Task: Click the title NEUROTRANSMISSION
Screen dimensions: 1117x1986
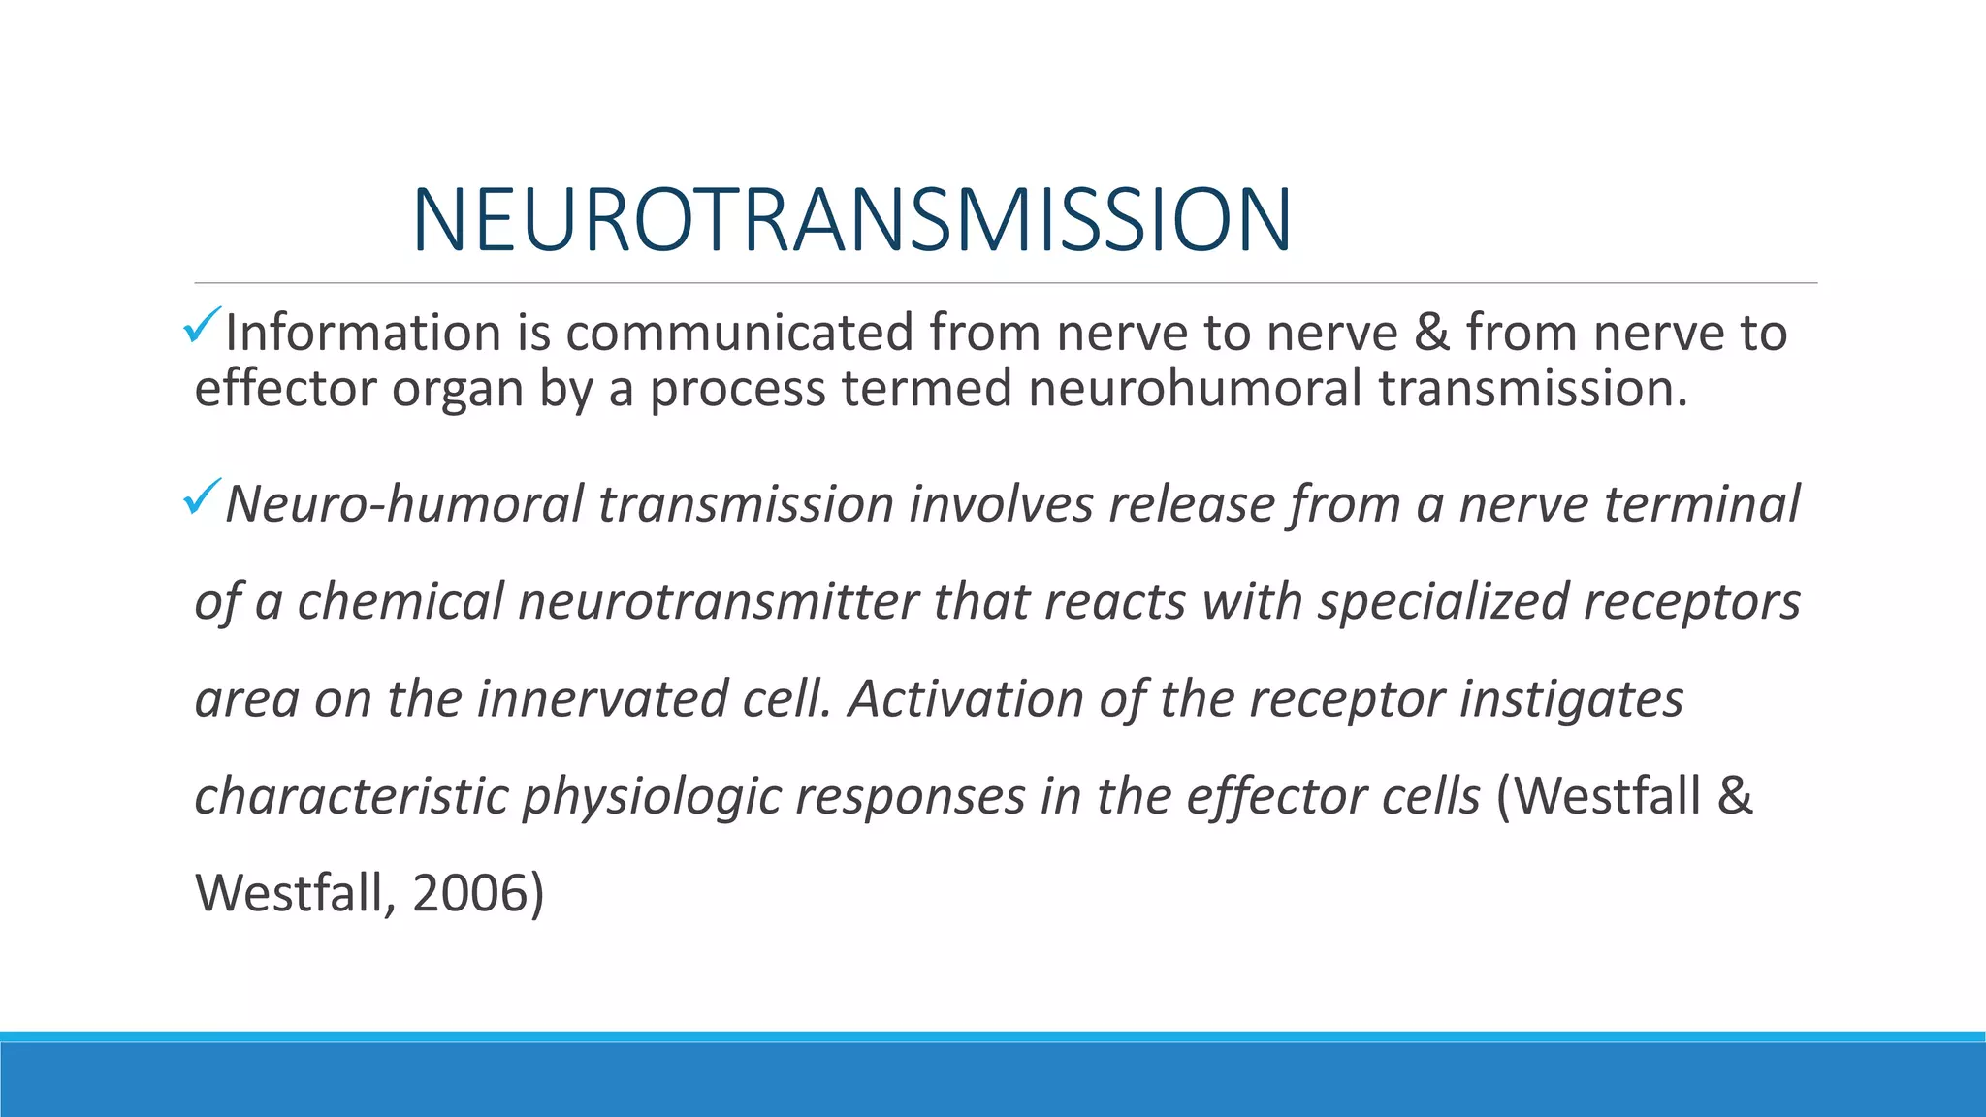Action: click(851, 220)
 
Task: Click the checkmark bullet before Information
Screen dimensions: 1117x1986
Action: click(203, 325)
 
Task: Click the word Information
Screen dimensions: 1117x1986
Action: click(363, 333)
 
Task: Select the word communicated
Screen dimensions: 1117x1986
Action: click(740, 333)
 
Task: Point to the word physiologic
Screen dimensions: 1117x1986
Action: click(652, 797)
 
